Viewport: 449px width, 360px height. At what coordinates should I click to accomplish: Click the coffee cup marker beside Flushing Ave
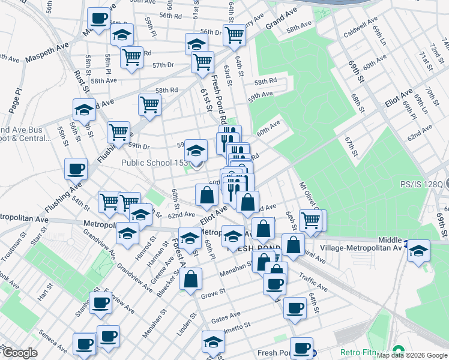tap(76, 169)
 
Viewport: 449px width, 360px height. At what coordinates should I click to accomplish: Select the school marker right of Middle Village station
tap(419, 249)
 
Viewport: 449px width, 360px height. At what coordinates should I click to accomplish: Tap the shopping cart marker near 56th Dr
tap(234, 35)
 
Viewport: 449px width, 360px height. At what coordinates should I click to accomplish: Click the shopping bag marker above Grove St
tap(190, 278)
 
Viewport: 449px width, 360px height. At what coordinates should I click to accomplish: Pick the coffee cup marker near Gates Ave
tap(294, 307)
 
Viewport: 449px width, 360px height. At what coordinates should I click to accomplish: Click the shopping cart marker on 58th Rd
tap(149, 104)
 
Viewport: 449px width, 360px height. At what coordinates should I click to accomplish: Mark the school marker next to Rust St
tap(85, 109)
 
